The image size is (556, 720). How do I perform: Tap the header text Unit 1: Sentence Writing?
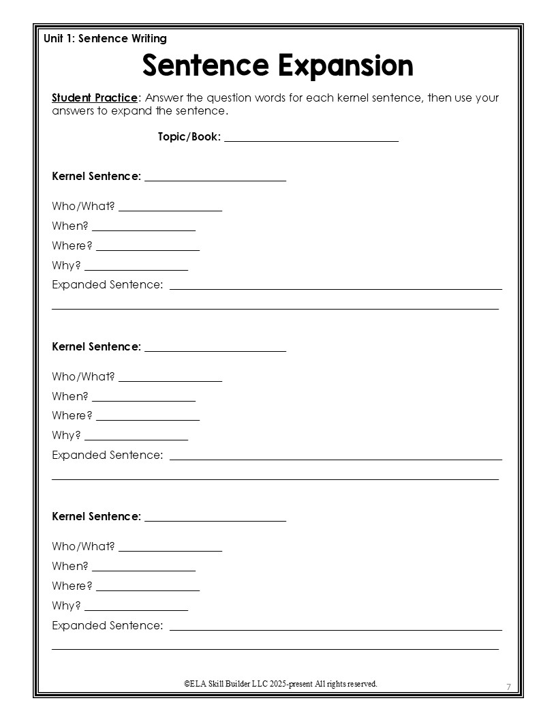click(x=105, y=39)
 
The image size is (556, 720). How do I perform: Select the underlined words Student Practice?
click(x=95, y=97)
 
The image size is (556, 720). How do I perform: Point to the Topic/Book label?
click(x=189, y=136)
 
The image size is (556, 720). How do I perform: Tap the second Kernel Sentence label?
click(x=96, y=346)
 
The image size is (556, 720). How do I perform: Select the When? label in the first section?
click(x=70, y=226)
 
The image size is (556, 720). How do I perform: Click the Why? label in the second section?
click(x=66, y=435)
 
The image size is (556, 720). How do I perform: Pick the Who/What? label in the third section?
click(x=83, y=546)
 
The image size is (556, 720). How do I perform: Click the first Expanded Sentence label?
click(x=108, y=284)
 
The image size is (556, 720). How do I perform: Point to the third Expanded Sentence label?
click(x=108, y=625)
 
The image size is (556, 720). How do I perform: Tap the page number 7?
click(x=508, y=686)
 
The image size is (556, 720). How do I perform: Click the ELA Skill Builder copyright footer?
click(x=280, y=683)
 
